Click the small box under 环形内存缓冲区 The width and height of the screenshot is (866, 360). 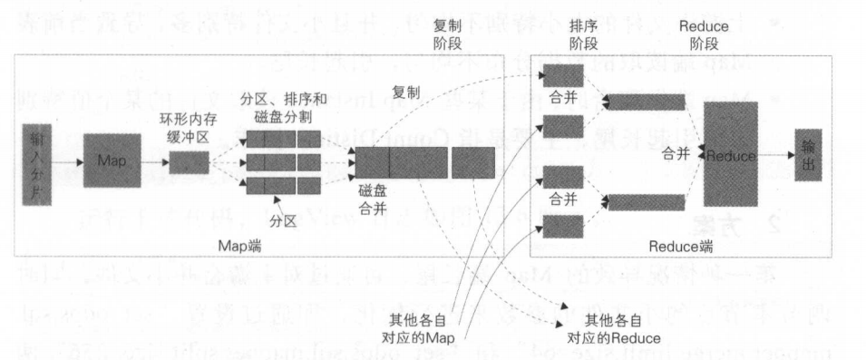point(190,161)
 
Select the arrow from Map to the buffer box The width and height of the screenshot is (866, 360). point(154,161)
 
